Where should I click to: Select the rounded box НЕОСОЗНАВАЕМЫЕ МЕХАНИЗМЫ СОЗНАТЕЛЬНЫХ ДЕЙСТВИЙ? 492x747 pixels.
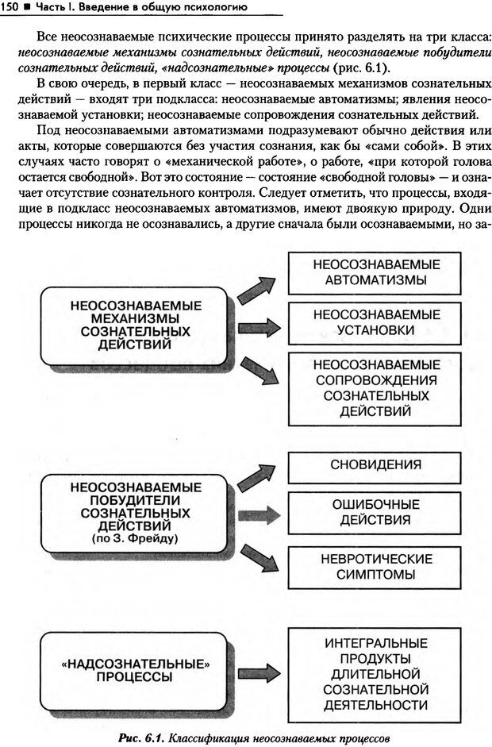coord(136,326)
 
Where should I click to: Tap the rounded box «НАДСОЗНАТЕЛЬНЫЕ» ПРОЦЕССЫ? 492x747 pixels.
coord(136,671)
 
